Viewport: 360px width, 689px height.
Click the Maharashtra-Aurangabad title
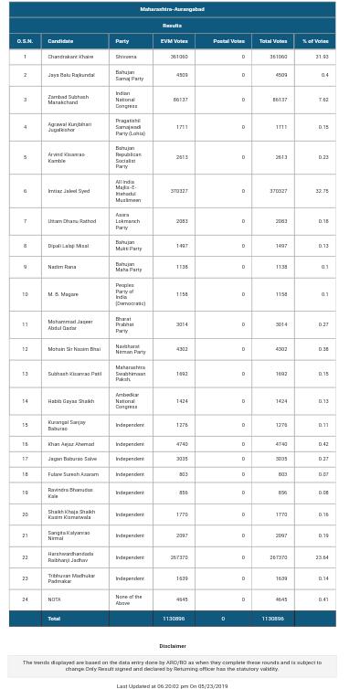172,9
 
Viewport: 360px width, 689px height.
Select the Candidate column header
60,41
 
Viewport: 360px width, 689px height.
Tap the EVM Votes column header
174,41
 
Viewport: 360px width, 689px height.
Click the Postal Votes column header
228,41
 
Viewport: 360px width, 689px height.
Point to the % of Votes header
314,41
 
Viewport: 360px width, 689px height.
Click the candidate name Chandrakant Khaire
70,57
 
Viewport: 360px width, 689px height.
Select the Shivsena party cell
125,57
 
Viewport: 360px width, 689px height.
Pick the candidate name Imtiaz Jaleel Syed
69,191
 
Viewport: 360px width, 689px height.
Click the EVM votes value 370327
178,191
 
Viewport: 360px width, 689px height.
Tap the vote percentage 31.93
321,57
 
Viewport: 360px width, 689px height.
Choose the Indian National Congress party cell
126,100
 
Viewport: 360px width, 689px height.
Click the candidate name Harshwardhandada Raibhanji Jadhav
70,556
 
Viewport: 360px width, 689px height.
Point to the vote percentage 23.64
321,556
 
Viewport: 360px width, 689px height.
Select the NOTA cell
54,599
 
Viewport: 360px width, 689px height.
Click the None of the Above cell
128,599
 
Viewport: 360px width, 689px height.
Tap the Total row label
54,619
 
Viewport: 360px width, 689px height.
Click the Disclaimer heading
172,646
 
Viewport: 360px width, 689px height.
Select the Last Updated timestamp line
172,685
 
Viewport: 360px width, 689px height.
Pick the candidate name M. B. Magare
63,294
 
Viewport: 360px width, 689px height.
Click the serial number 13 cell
25,374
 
